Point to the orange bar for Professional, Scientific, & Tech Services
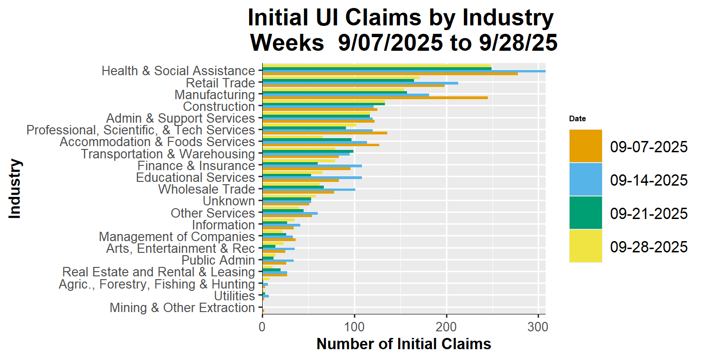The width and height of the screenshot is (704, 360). pyautogui.click(x=324, y=133)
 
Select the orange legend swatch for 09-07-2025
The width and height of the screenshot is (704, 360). pyautogui.click(x=585, y=146)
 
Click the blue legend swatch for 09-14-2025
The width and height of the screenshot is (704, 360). pyautogui.click(x=585, y=179)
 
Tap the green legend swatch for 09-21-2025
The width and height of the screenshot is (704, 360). pyautogui.click(x=585, y=212)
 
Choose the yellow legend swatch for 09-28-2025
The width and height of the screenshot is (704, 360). pyautogui.click(x=585, y=246)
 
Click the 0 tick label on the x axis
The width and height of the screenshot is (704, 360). pyautogui.click(x=262, y=325)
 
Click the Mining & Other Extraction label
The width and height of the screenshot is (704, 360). pyautogui.click(x=182, y=308)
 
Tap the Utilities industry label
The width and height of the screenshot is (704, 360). pyautogui.click(x=234, y=296)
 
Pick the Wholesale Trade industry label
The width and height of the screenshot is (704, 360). pyautogui.click(x=206, y=189)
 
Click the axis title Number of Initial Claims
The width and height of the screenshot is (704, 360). pyautogui.click(x=404, y=344)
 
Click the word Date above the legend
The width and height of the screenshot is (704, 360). pyautogui.click(x=577, y=119)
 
